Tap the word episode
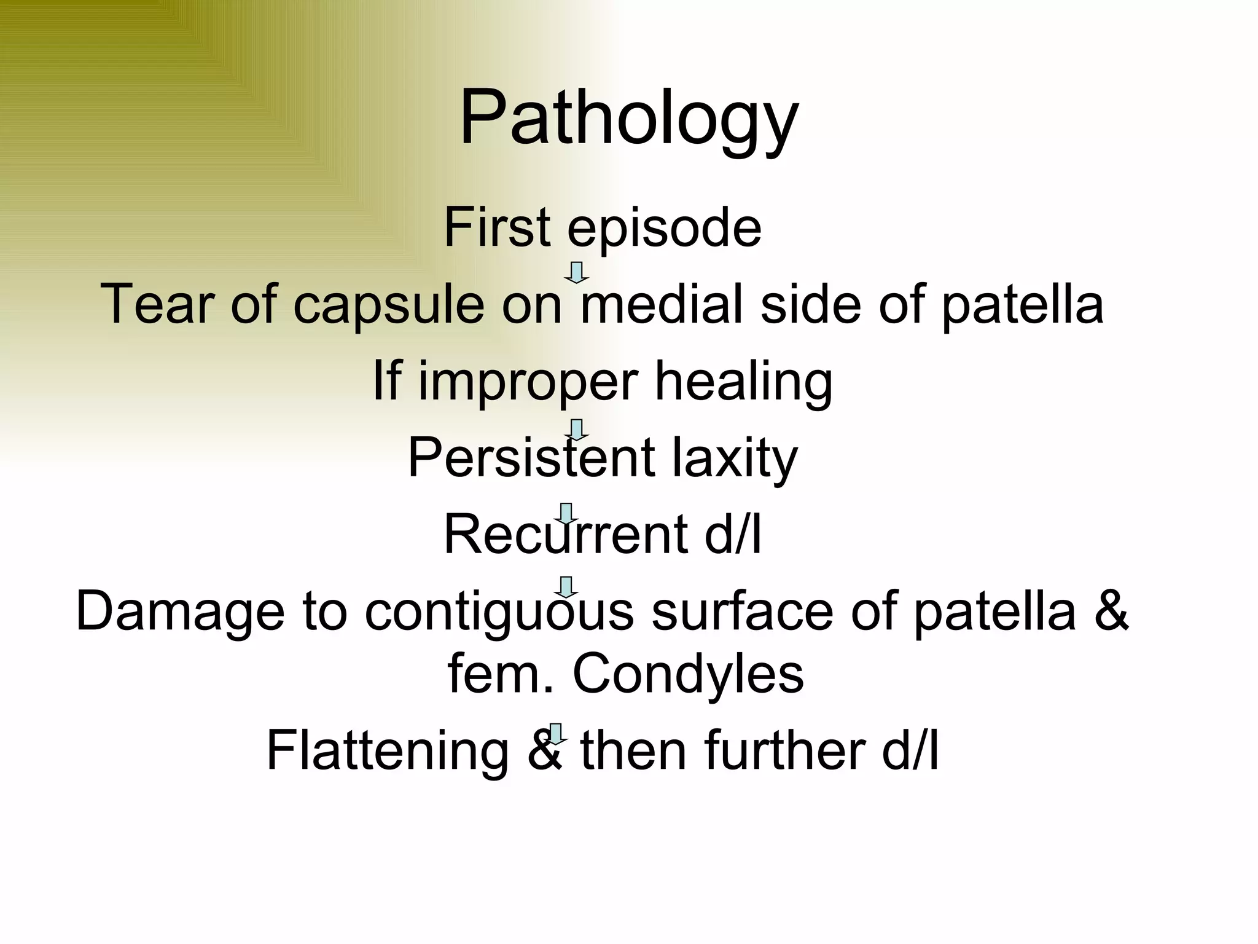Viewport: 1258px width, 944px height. [x=664, y=229]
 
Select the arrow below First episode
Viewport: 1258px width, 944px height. [x=576, y=272]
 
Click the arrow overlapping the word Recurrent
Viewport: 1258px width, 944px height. [x=566, y=514]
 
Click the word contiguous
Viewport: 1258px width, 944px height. [x=499, y=612]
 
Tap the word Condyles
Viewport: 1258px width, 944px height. [x=688, y=674]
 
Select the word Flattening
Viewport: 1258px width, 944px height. [x=388, y=750]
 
